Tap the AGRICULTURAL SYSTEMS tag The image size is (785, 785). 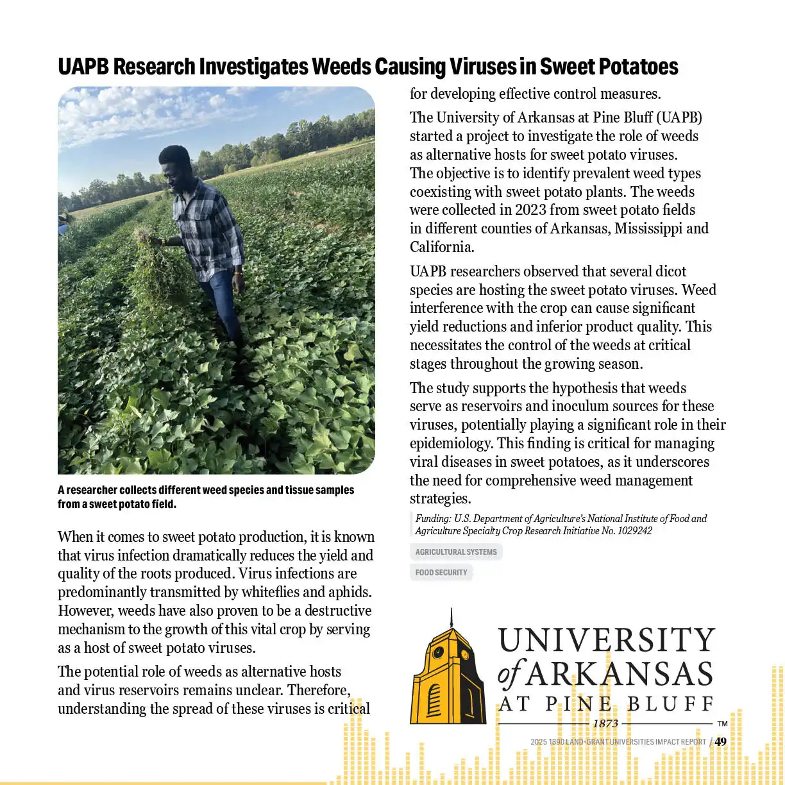point(455,552)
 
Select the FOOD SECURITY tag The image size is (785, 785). point(441,573)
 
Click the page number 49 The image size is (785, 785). point(721,742)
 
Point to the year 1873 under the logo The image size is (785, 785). point(605,723)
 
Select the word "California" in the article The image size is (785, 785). point(441,248)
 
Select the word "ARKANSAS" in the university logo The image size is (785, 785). point(619,675)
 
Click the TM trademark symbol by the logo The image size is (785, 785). point(722,723)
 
